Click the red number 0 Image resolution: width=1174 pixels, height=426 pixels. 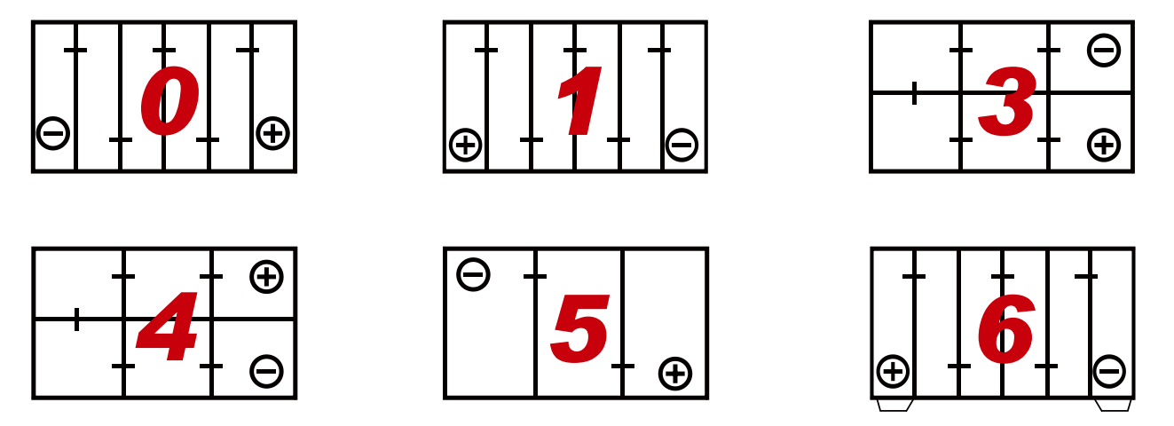(169, 100)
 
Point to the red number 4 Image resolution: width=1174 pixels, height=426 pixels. (167, 327)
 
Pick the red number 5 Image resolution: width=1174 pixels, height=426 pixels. (579, 328)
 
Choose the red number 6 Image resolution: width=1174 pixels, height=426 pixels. (1006, 328)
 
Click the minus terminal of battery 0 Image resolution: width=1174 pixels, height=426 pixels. (53, 133)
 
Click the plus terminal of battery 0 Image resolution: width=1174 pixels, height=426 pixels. (272, 133)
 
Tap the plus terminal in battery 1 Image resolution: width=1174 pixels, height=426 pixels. (465, 145)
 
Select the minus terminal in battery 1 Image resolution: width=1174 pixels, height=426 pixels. (682, 145)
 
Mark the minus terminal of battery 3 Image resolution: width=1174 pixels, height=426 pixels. (1104, 51)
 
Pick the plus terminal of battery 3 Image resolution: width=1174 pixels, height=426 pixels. (1104, 145)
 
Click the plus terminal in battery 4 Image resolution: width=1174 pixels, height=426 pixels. (266, 277)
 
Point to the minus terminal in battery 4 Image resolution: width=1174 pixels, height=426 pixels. (266, 372)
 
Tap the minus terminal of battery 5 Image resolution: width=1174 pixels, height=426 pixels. (473, 274)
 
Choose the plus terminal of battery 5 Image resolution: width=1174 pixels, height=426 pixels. (675, 374)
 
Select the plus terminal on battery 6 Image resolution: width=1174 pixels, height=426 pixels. (893, 372)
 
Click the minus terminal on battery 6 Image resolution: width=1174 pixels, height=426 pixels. (1109, 372)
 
